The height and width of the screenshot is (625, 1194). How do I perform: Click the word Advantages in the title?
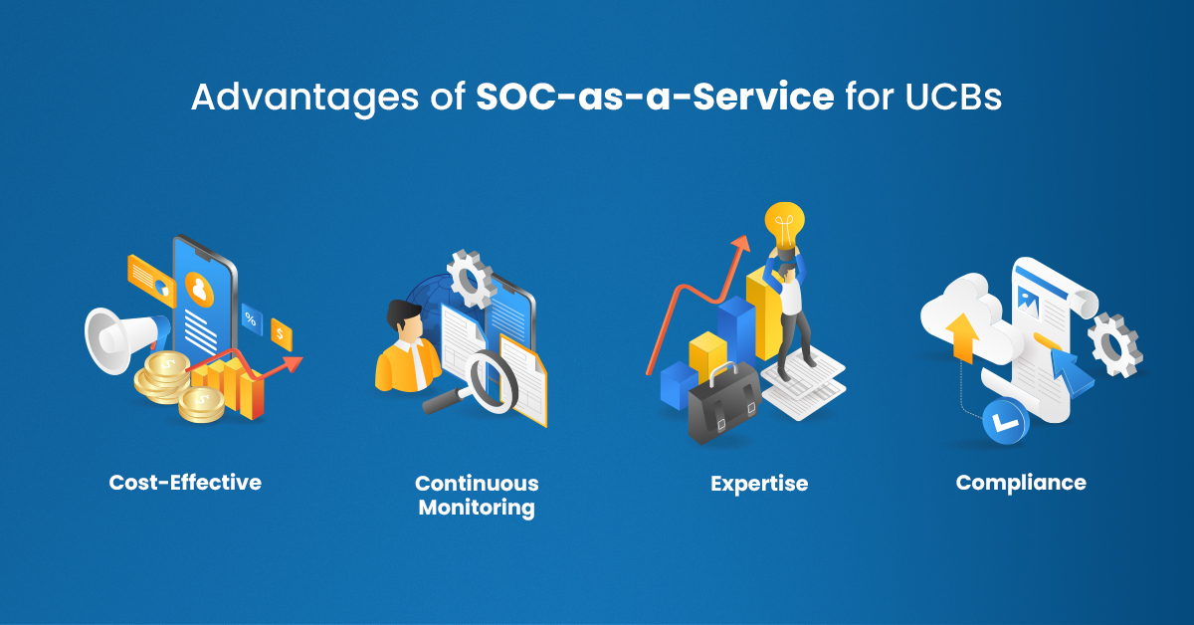pyautogui.click(x=304, y=98)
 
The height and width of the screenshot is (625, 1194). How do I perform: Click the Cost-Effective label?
pyautogui.click(x=185, y=482)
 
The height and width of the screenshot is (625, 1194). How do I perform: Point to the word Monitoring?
pyautogui.click(x=477, y=507)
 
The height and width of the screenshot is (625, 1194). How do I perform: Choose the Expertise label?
pyautogui.click(x=759, y=484)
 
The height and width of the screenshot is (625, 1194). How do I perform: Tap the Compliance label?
pyautogui.click(x=1021, y=483)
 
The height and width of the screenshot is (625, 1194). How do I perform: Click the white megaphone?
pyautogui.click(x=123, y=338)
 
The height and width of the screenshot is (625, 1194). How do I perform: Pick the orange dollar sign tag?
pyautogui.click(x=281, y=334)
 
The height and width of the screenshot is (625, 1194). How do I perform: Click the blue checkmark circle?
pyautogui.click(x=1005, y=422)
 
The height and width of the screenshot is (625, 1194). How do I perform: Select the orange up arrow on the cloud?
pyautogui.click(x=963, y=337)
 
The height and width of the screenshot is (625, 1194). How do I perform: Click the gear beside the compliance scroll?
pyautogui.click(x=1114, y=344)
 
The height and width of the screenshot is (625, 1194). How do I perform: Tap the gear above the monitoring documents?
pyautogui.click(x=472, y=279)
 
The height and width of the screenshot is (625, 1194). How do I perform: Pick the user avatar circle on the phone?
pyautogui.click(x=200, y=289)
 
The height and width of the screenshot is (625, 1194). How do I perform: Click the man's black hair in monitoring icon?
pyautogui.click(x=403, y=313)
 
